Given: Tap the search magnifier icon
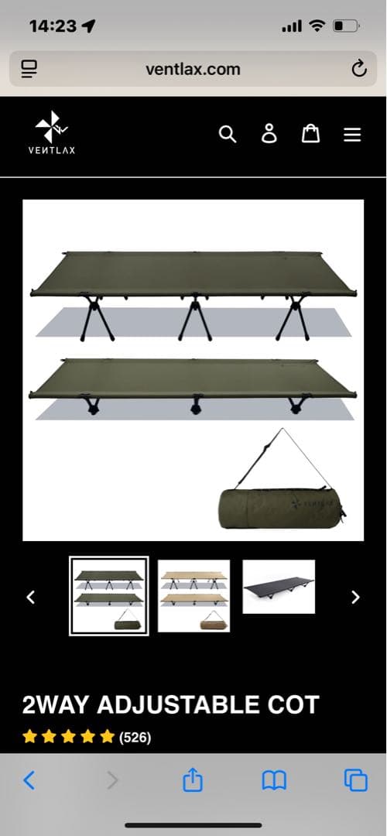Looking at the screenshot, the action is click(227, 135).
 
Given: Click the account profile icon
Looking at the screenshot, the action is click(269, 134).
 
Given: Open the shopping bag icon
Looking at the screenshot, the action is click(311, 133).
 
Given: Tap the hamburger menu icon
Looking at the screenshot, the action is click(352, 135).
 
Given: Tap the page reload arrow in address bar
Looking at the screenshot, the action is click(359, 69).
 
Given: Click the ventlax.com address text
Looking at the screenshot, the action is click(193, 70).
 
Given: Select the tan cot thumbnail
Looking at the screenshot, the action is click(194, 595).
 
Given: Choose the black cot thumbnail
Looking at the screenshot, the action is click(279, 587).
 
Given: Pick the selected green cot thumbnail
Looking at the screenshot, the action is click(108, 595).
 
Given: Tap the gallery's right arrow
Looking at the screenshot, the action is click(355, 597).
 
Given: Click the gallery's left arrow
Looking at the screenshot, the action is click(31, 597).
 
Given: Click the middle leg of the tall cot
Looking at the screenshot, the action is click(194, 317).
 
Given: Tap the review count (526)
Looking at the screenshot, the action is click(135, 738).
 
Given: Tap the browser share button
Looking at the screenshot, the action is click(193, 779).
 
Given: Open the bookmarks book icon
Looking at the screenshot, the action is click(274, 780).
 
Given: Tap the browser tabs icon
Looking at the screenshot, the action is click(355, 780).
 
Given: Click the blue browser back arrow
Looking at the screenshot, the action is click(29, 780).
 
